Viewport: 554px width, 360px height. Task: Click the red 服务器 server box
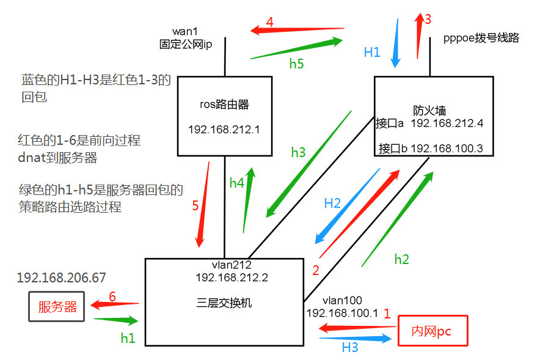click(x=57, y=307)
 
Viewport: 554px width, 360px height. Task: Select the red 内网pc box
click(x=432, y=331)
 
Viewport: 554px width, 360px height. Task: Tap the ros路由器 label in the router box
click(x=224, y=105)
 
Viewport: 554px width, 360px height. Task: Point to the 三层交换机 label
click(x=224, y=303)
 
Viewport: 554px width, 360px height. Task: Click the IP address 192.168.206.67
click(x=61, y=277)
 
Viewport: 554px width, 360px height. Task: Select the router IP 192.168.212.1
click(x=224, y=130)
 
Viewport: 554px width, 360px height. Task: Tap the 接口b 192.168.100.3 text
click(x=431, y=148)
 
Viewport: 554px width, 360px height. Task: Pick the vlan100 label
click(x=342, y=300)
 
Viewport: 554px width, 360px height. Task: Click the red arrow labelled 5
click(x=203, y=205)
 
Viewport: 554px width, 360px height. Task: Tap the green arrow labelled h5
click(x=297, y=49)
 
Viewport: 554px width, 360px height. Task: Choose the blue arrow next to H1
click(x=394, y=43)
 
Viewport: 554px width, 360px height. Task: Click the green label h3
click(x=298, y=153)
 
